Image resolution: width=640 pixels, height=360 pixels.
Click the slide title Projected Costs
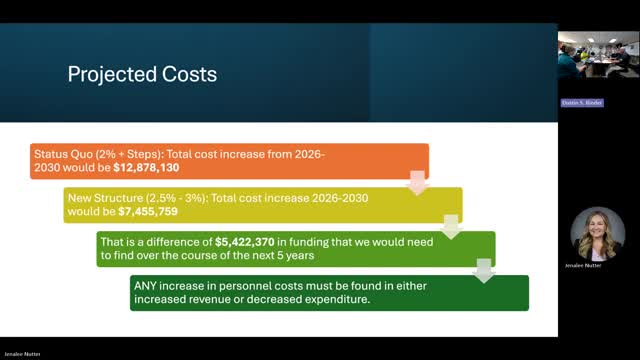[x=141, y=74]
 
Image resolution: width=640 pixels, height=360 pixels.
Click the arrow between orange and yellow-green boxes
[x=418, y=182]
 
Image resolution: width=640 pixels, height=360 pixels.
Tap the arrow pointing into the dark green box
[x=485, y=270]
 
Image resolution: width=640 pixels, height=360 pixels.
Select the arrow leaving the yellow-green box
[x=451, y=226]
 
